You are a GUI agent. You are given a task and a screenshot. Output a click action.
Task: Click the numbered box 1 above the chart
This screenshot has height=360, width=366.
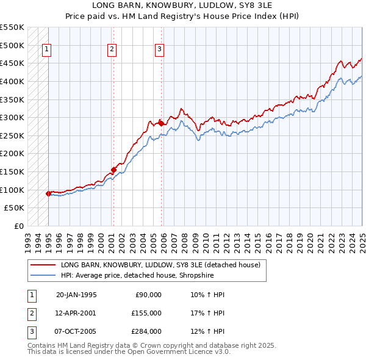(x=47, y=50)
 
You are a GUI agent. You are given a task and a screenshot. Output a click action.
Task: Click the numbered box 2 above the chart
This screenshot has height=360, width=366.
(x=112, y=50)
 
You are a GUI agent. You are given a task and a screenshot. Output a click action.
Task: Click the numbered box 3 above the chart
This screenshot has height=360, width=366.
(x=159, y=50)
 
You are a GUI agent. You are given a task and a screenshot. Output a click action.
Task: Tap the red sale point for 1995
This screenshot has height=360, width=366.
(x=48, y=193)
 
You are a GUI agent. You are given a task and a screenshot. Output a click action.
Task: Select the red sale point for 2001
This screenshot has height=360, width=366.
(x=113, y=170)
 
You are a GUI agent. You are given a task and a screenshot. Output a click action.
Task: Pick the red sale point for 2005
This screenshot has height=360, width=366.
(x=161, y=123)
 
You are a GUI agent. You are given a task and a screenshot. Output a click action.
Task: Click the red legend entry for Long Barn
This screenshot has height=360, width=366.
(x=160, y=265)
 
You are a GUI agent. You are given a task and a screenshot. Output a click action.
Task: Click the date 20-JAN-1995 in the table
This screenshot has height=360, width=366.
(x=76, y=295)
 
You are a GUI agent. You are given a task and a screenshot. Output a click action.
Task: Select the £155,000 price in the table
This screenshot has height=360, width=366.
(x=146, y=313)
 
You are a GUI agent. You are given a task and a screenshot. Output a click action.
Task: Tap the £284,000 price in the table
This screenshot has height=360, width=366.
(x=146, y=331)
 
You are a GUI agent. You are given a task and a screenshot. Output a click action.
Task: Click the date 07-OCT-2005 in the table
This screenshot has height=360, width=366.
(x=76, y=331)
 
